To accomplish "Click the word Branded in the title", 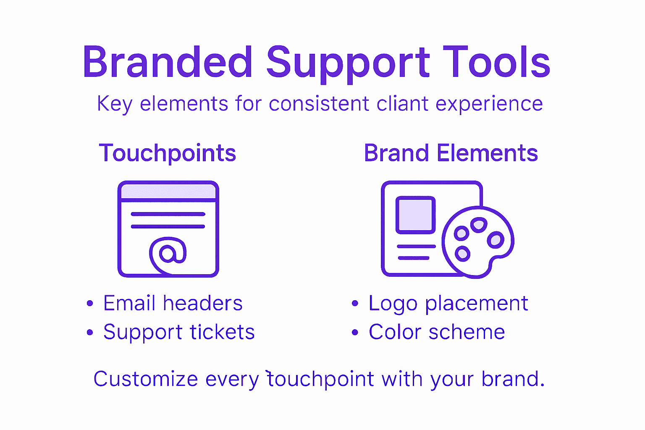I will (167, 62).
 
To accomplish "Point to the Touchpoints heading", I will (168, 153).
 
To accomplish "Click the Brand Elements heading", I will (451, 153).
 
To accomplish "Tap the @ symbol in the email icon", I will (168, 253).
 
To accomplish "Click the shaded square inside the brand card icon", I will (415, 215).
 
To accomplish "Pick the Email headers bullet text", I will (173, 303).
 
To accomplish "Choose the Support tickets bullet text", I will (179, 332).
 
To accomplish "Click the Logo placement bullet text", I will (448, 304).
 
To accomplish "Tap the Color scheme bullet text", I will (437, 332).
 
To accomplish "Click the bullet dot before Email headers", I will (89, 304).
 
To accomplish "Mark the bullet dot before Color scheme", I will (355, 333).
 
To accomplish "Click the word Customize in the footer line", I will (145, 379).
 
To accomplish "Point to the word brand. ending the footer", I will (513, 379).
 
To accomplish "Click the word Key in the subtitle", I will (114, 104).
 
